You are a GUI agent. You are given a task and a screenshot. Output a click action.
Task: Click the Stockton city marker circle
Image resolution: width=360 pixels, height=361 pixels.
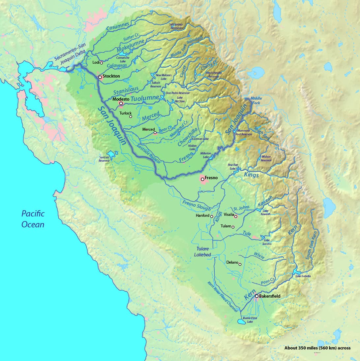click(100, 77)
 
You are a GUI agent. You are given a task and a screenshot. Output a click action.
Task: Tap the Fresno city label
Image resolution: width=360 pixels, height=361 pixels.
click(211, 178)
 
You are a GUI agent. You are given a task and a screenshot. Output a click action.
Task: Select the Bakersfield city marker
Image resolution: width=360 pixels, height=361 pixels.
click(256, 296)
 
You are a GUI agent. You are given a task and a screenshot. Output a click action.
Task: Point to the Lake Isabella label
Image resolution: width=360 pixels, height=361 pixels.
click(303, 276)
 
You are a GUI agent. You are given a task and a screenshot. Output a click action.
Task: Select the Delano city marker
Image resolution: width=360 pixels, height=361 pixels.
click(240, 264)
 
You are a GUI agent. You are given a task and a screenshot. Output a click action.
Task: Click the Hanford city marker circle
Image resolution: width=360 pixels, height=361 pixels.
click(212, 217)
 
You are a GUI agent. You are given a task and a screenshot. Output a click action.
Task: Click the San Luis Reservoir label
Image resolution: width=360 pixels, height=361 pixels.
click(104, 159)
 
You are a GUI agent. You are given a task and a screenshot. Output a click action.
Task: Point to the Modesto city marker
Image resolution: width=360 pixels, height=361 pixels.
click(121, 104)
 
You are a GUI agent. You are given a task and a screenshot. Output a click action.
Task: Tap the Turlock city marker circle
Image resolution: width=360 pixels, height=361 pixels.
click(131, 116)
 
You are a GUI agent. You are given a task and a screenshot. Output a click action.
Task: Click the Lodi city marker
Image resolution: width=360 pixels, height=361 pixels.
click(102, 63)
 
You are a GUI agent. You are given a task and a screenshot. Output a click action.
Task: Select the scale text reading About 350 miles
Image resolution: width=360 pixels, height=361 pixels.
click(317, 348)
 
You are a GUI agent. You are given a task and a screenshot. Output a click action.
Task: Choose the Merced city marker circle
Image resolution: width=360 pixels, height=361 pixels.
click(155, 133)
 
